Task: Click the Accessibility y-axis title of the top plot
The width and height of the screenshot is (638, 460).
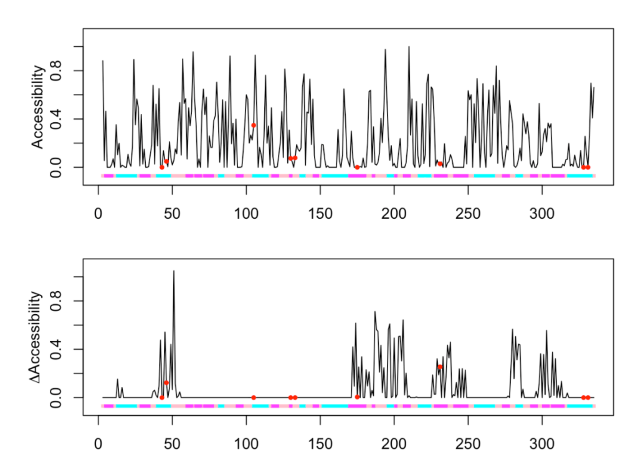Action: [x=39, y=107]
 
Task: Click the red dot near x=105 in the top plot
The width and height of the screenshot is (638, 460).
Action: [x=254, y=125]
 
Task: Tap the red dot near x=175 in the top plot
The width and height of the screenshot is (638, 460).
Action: [x=357, y=167]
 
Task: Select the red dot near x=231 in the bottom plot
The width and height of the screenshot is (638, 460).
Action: [x=440, y=367]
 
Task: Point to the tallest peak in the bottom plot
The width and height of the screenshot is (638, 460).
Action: [x=174, y=271]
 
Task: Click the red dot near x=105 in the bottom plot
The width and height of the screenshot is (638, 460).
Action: [x=254, y=397]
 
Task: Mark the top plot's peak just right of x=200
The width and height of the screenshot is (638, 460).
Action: [x=409, y=47]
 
